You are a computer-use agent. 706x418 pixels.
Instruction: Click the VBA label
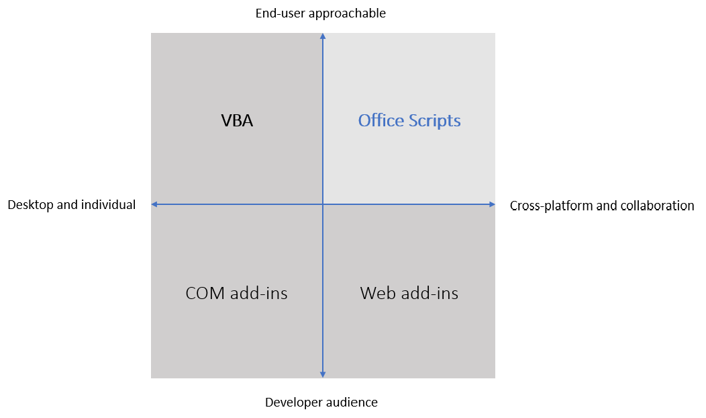click(237, 121)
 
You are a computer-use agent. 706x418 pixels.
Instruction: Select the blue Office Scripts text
click(409, 121)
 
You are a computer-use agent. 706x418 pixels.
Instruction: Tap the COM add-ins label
click(236, 294)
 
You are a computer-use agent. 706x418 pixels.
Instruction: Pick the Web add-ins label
click(409, 294)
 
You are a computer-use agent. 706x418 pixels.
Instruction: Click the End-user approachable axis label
click(321, 13)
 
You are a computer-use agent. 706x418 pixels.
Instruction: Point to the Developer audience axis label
click(321, 403)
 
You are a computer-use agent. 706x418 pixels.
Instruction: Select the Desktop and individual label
click(72, 205)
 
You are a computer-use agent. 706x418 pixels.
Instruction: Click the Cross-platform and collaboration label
click(602, 206)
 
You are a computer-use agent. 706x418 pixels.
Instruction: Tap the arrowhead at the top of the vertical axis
click(323, 37)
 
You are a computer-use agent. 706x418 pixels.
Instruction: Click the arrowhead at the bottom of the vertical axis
click(323, 374)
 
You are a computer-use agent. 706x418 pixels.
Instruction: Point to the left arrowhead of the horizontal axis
click(155, 204)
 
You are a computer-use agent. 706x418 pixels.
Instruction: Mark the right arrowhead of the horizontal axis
click(491, 204)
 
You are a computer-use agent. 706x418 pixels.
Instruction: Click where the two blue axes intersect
click(323, 204)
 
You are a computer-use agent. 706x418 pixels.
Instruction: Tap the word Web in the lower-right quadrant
click(376, 294)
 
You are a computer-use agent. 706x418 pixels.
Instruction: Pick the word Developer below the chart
click(293, 403)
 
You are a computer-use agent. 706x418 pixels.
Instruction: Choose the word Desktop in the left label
click(30, 205)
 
